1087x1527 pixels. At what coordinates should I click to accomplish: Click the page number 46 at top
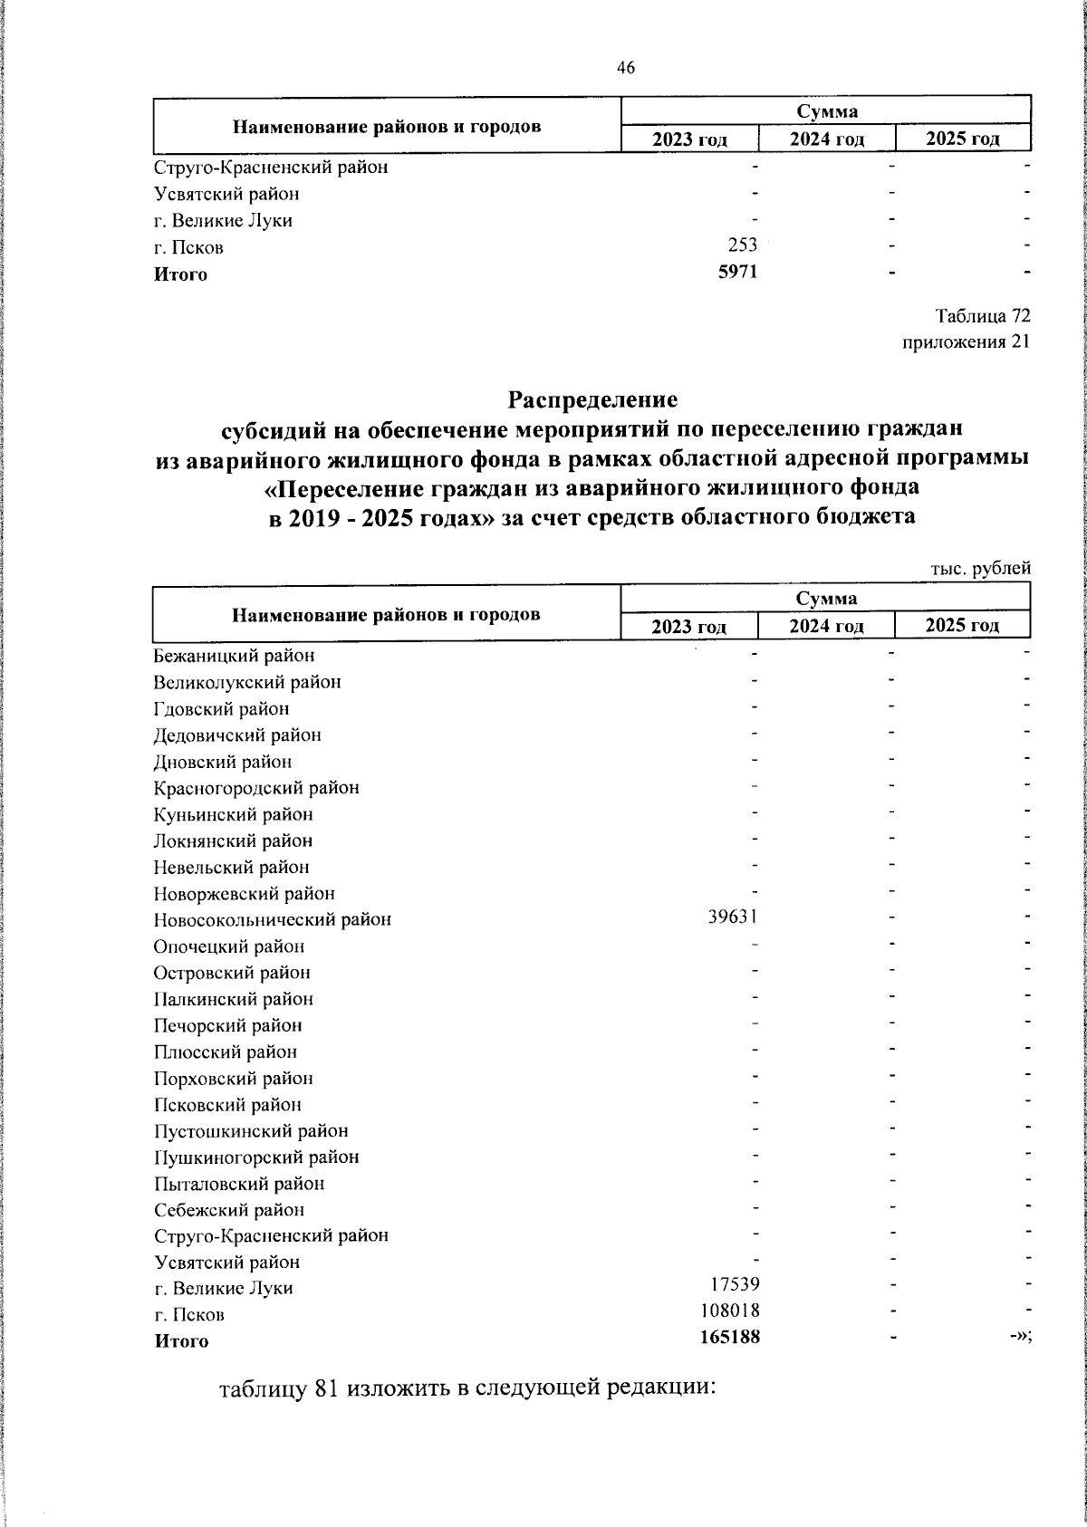(626, 68)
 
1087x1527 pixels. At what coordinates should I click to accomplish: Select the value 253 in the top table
(740, 245)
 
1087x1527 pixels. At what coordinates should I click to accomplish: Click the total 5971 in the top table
(736, 273)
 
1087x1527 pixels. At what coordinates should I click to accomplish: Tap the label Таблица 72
(983, 316)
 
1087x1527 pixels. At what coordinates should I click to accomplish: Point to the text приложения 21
(967, 342)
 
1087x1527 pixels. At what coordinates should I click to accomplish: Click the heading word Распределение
(592, 399)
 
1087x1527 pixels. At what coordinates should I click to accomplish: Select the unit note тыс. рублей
(981, 569)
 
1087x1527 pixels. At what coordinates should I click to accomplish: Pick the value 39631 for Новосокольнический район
(732, 917)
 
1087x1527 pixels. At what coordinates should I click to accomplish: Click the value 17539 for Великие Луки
(736, 1284)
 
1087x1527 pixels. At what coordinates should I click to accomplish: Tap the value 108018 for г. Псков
(731, 1311)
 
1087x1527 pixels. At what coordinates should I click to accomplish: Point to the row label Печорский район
(227, 1025)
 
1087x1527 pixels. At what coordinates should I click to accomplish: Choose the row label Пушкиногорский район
(256, 1157)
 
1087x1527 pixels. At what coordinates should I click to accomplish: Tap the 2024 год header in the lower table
(826, 626)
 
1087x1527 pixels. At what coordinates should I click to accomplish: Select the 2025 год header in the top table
(963, 139)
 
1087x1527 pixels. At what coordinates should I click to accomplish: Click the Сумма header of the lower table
(826, 598)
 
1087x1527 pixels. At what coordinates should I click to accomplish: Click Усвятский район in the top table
(226, 194)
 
